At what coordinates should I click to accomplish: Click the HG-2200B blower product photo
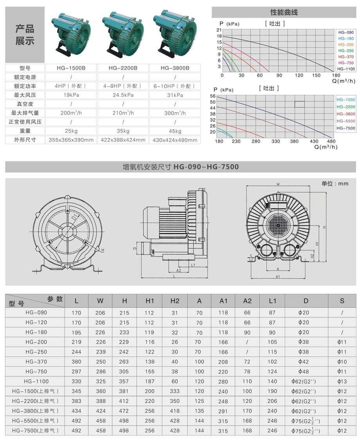123,34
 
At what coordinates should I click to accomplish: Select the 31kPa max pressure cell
175,95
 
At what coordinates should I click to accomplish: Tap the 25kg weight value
71,131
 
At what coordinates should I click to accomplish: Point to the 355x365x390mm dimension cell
71,140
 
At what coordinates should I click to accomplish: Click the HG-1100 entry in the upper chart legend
346,69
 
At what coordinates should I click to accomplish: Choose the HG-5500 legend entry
346,121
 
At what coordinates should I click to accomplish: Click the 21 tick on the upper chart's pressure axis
219,30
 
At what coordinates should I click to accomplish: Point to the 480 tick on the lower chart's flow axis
331,141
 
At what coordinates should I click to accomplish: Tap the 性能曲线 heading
284,13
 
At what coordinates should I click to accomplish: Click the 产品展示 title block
25,34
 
